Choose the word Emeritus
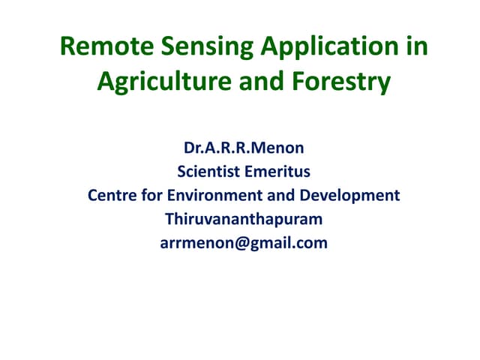tap(277, 172)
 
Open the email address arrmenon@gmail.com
tap(244, 244)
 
